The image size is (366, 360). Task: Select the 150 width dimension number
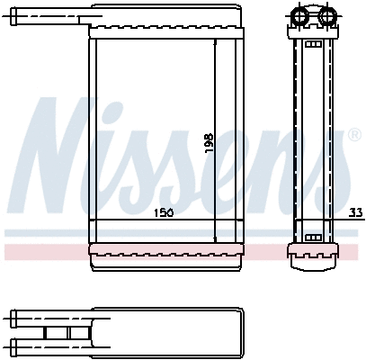pyautogui.click(x=163, y=213)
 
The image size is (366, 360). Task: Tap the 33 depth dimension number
pyautogui.click(x=356, y=213)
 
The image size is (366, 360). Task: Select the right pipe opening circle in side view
pyautogui.click(x=326, y=15)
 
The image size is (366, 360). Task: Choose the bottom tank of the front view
pyautogui.click(x=165, y=250)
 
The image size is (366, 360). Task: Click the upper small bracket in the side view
pyautogui.click(x=314, y=44)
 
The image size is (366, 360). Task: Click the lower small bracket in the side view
pyautogui.click(x=314, y=237)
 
